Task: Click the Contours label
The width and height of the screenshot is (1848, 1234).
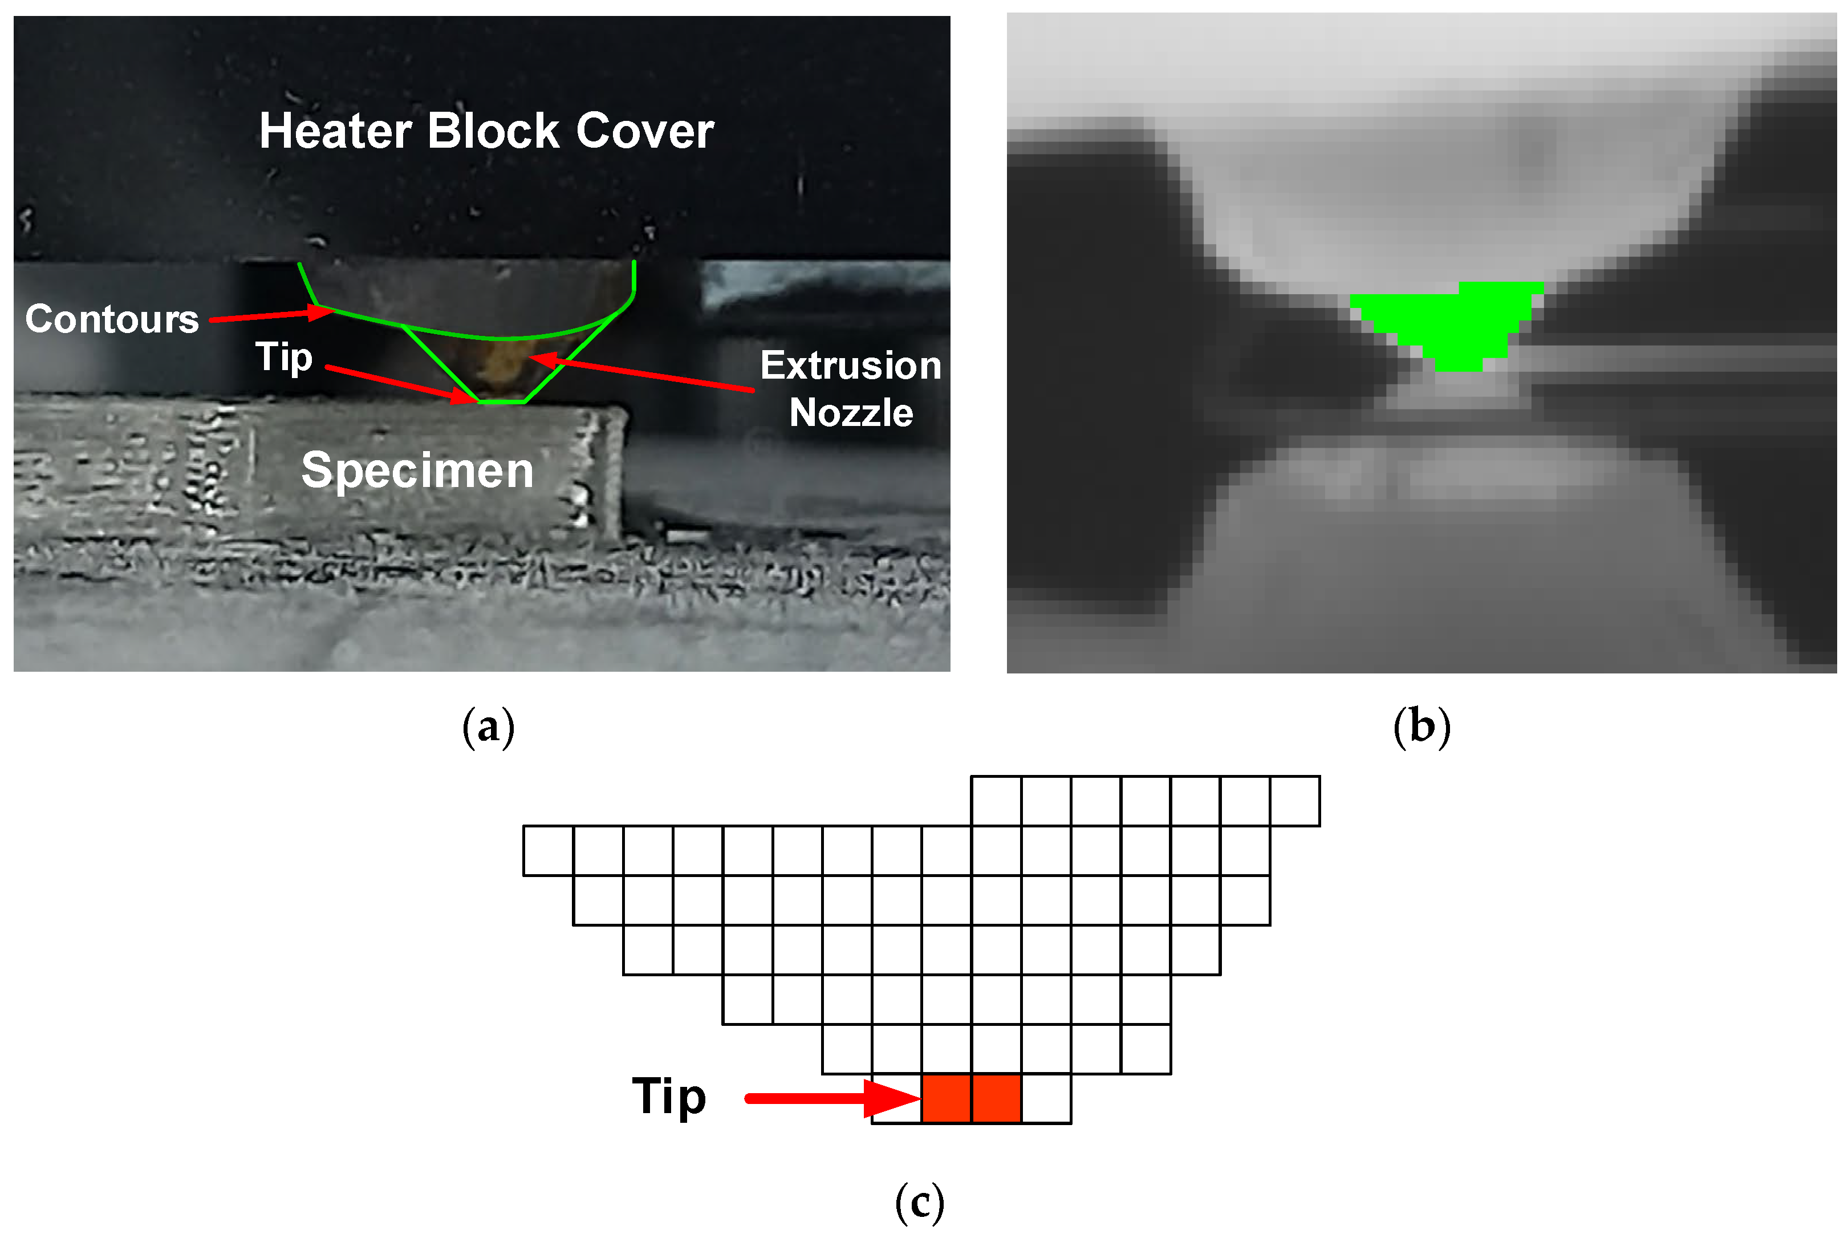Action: pyautogui.click(x=112, y=319)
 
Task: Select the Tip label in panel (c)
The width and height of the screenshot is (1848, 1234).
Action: pyautogui.click(x=669, y=1096)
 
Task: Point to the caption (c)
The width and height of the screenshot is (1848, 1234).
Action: pyautogui.click(x=919, y=1201)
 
